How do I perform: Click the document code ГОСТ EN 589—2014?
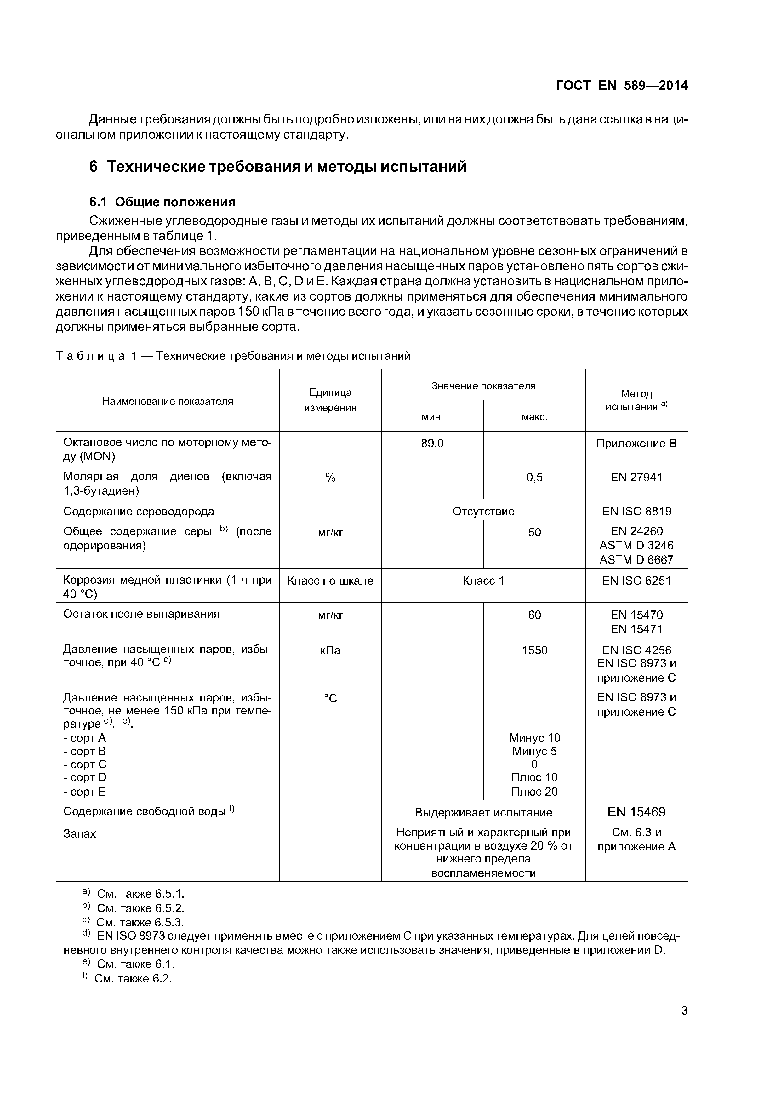[621, 86]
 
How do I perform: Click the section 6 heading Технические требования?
[278, 167]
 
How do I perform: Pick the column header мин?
[432, 417]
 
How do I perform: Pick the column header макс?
[534, 417]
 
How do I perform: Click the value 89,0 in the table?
[432, 443]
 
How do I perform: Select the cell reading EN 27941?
[636, 478]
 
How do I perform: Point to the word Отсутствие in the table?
[483, 511]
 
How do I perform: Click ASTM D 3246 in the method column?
[636, 545]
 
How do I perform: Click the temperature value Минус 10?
[534, 738]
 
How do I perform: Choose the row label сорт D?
[85, 777]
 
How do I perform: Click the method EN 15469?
[636, 812]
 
